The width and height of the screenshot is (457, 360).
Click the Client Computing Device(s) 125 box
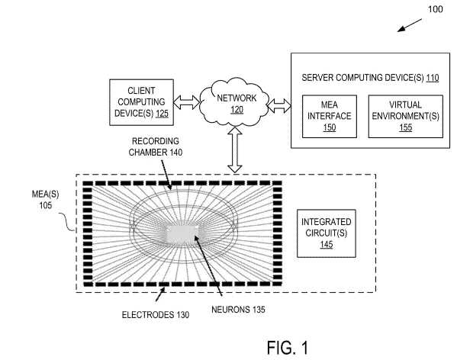pos(141,102)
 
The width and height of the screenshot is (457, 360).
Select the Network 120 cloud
pos(234,102)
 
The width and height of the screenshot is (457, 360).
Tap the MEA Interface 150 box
pos(330,116)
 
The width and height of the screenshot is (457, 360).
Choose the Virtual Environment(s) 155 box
pos(405,116)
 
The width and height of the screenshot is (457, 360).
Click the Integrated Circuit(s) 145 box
pos(326,233)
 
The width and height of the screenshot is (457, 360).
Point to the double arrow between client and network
pos(186,102)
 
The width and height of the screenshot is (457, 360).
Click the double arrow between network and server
pos(279,105)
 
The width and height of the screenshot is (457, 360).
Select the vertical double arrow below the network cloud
pos(235,149)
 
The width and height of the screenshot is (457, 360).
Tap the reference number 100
pos(435,9)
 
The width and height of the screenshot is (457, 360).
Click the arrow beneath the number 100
pos(410,25)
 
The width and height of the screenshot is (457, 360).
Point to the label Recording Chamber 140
pos(156,146)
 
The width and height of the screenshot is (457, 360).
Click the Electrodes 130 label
pos(156,315)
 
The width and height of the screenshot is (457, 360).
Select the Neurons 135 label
pos(238,310)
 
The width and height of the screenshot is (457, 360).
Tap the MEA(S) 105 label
pos(45,200)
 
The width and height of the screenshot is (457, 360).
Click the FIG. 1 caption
pos(288,348)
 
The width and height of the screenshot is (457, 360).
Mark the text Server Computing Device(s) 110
pos(370,78)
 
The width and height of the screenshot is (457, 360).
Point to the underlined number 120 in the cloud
pos(237,110)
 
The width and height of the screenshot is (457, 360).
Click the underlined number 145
pos(326,245)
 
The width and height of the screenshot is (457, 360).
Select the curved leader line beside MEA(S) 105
pos(67,221)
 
